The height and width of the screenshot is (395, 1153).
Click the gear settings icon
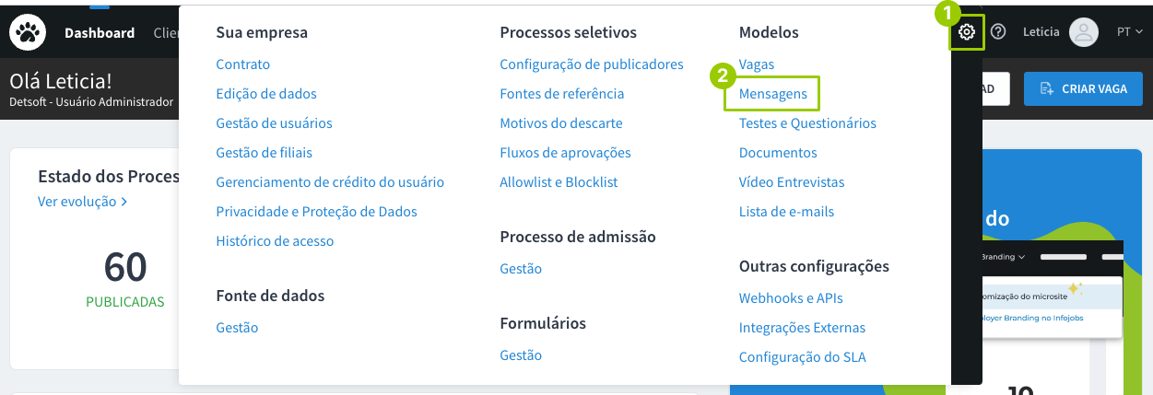coord(966,32)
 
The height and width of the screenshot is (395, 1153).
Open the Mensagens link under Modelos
coord(772,94)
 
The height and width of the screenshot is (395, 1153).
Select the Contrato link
coord(242,64)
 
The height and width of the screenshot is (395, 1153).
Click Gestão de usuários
coord(274,123)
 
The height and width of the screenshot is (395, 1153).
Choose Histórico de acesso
coord(275,241)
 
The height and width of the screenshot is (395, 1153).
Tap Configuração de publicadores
coord(591,64)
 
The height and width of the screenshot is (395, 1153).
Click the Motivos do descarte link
coord(560,123)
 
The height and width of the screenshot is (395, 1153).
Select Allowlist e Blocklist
coord(559,182)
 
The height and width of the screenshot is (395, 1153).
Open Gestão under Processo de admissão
coord(521,269)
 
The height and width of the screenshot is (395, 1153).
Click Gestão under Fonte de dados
coord(237,328)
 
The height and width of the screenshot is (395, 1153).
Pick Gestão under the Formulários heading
coord(521,355)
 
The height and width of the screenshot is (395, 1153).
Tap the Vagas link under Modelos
coord(757,64)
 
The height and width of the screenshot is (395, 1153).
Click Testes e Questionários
coord(807,123)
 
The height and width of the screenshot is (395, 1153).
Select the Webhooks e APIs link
coord(791,298)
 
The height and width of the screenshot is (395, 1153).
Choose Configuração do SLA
coord(802,357)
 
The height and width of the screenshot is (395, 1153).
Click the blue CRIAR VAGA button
coord(1082,88)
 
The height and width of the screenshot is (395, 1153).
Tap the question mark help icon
coord(997,32)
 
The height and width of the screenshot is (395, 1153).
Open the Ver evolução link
coord(82,201)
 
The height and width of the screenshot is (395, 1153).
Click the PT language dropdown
coord(1129,32)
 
